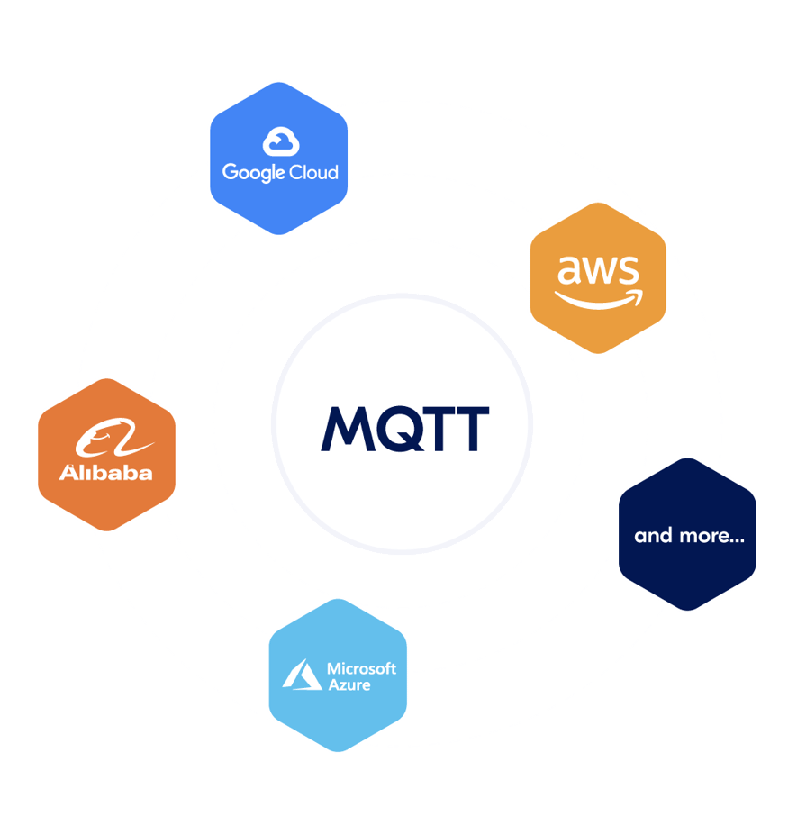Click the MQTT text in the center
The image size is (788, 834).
coord(405,428)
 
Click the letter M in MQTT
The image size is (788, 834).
coord(345,429)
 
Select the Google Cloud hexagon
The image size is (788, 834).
coord(278,159)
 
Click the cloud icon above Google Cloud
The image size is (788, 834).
coord(281,141)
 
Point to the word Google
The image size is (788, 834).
coord(253,172)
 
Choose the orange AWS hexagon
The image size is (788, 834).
coord(598,277)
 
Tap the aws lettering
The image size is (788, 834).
coord(598,268)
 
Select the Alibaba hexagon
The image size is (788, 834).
coord(106,454)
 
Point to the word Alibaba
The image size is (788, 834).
coord(106,473)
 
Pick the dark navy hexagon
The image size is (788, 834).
coord(687,534)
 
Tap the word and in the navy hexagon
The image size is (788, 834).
coord(654,536)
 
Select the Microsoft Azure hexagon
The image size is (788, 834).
coord(338,675)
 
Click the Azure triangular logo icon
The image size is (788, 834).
coord(302,675)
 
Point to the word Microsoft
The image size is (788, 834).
coord(361,668)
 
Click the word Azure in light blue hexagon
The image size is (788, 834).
coord(349,685)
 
